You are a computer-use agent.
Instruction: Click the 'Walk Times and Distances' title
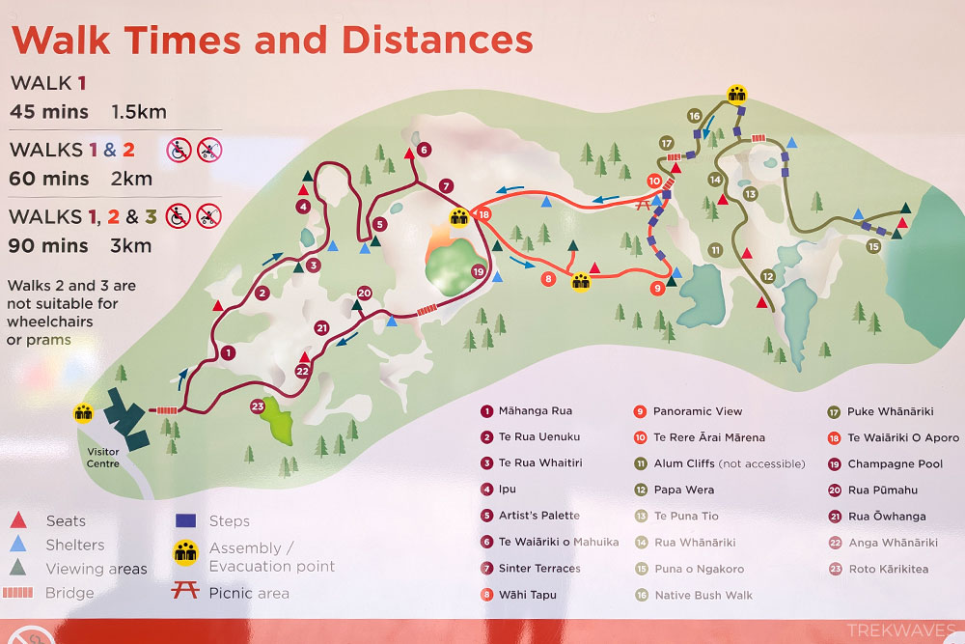pyautogui.click(x=271, y=40)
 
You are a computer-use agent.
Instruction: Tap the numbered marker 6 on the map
pyautogui.click(x=425, y=149)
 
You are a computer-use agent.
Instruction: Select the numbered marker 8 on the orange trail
pyautogui.click(x=548, y=279)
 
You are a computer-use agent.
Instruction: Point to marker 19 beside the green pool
pyautogui.click(x=478, y=272)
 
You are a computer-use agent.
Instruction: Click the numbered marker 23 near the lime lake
pyautogui.click(x=258, y=406)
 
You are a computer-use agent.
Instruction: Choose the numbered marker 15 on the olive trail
pyautogui.click(x=873, y=246)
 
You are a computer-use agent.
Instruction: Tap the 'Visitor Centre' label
pyautogui.click(x=102, y=458)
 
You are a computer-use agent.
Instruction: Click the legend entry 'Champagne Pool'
pyautogui.click(x=895, y=464)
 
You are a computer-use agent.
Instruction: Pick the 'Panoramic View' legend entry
pyautogui.click(x=698, y=411)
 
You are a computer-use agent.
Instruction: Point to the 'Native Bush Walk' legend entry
pyautogui.click(x=703, y=595)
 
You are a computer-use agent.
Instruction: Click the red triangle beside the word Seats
pyautogui.click(x=20, y=521)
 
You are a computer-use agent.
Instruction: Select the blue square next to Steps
pyautogui.click(x=186, y=520)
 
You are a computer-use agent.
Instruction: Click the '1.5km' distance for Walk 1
pyautogui.click(x=140, y=111)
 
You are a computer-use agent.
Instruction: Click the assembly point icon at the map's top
pyautogui.click(x=738, y=94)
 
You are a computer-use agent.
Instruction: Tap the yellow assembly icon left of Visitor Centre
pyautogui.click(x=84, y=412)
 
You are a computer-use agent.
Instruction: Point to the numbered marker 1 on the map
pyautogui.click(x=228, y=353)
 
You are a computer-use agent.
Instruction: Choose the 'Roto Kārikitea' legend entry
pyautogui.click(x=888, y=569)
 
